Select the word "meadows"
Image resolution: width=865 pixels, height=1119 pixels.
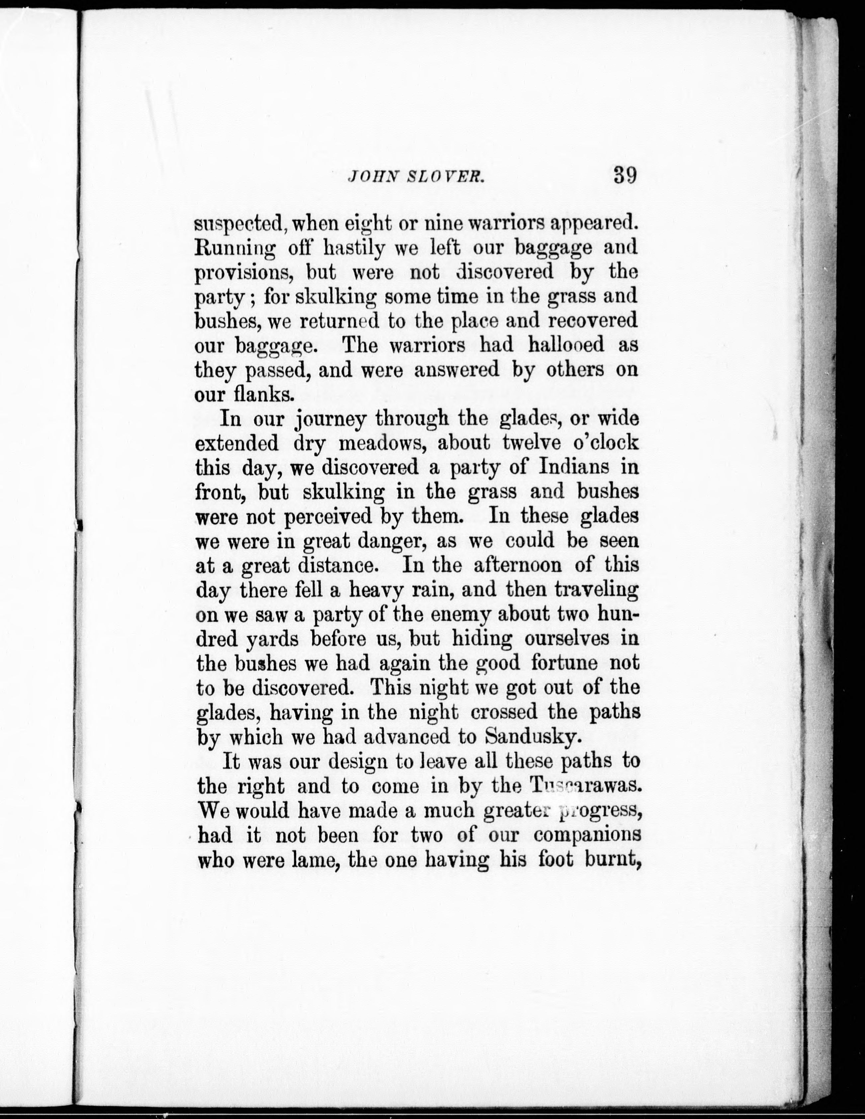(x=376, y=443)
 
